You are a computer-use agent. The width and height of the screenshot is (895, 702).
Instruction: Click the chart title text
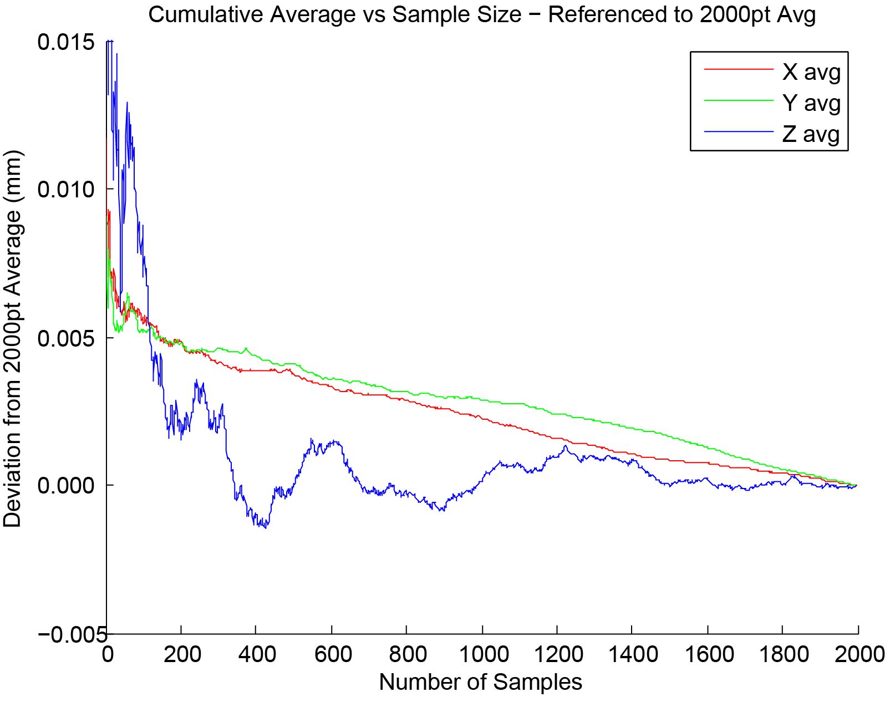(x=482, y=15)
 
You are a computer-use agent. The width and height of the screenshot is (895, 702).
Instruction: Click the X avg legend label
(x=811, y=72)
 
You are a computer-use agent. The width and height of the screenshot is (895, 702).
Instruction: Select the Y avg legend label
(x=811, y=103)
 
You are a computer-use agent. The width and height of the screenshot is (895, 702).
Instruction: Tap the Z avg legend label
(x=811, y=134)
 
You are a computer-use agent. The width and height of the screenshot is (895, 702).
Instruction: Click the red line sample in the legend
(x=738, y=69)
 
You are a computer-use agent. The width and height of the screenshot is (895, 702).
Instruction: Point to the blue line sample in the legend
(x=738, y=131)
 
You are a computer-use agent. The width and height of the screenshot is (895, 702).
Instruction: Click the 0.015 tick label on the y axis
(x=65, y=42)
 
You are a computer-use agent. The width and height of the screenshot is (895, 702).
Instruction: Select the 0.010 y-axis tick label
(x=65, y=190)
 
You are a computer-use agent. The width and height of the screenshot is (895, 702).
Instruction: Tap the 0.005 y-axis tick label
(x=65, y=338)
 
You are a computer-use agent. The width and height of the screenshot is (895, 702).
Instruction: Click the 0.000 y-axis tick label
(x=65, y=486)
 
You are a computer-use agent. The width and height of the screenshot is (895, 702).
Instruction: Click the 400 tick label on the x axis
(x=257, y=655)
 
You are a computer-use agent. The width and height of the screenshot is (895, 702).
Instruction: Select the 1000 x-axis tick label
(x=484, y=655)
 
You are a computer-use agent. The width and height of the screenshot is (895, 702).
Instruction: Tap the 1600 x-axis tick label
(x=709, y=655)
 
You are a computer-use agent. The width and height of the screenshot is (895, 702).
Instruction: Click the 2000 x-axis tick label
(x=860, y=655)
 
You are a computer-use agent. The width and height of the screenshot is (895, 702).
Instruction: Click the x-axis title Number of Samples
(x=481, y=682)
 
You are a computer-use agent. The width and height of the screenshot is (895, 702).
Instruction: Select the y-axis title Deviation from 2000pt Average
(x=12, y=338)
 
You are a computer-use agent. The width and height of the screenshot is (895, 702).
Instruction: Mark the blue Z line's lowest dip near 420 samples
(x=266, y=527)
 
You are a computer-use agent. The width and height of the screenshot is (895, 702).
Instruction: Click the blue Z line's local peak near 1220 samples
(x=566, y=446)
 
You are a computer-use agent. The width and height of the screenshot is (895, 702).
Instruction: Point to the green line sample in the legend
(x=738, y=100)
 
